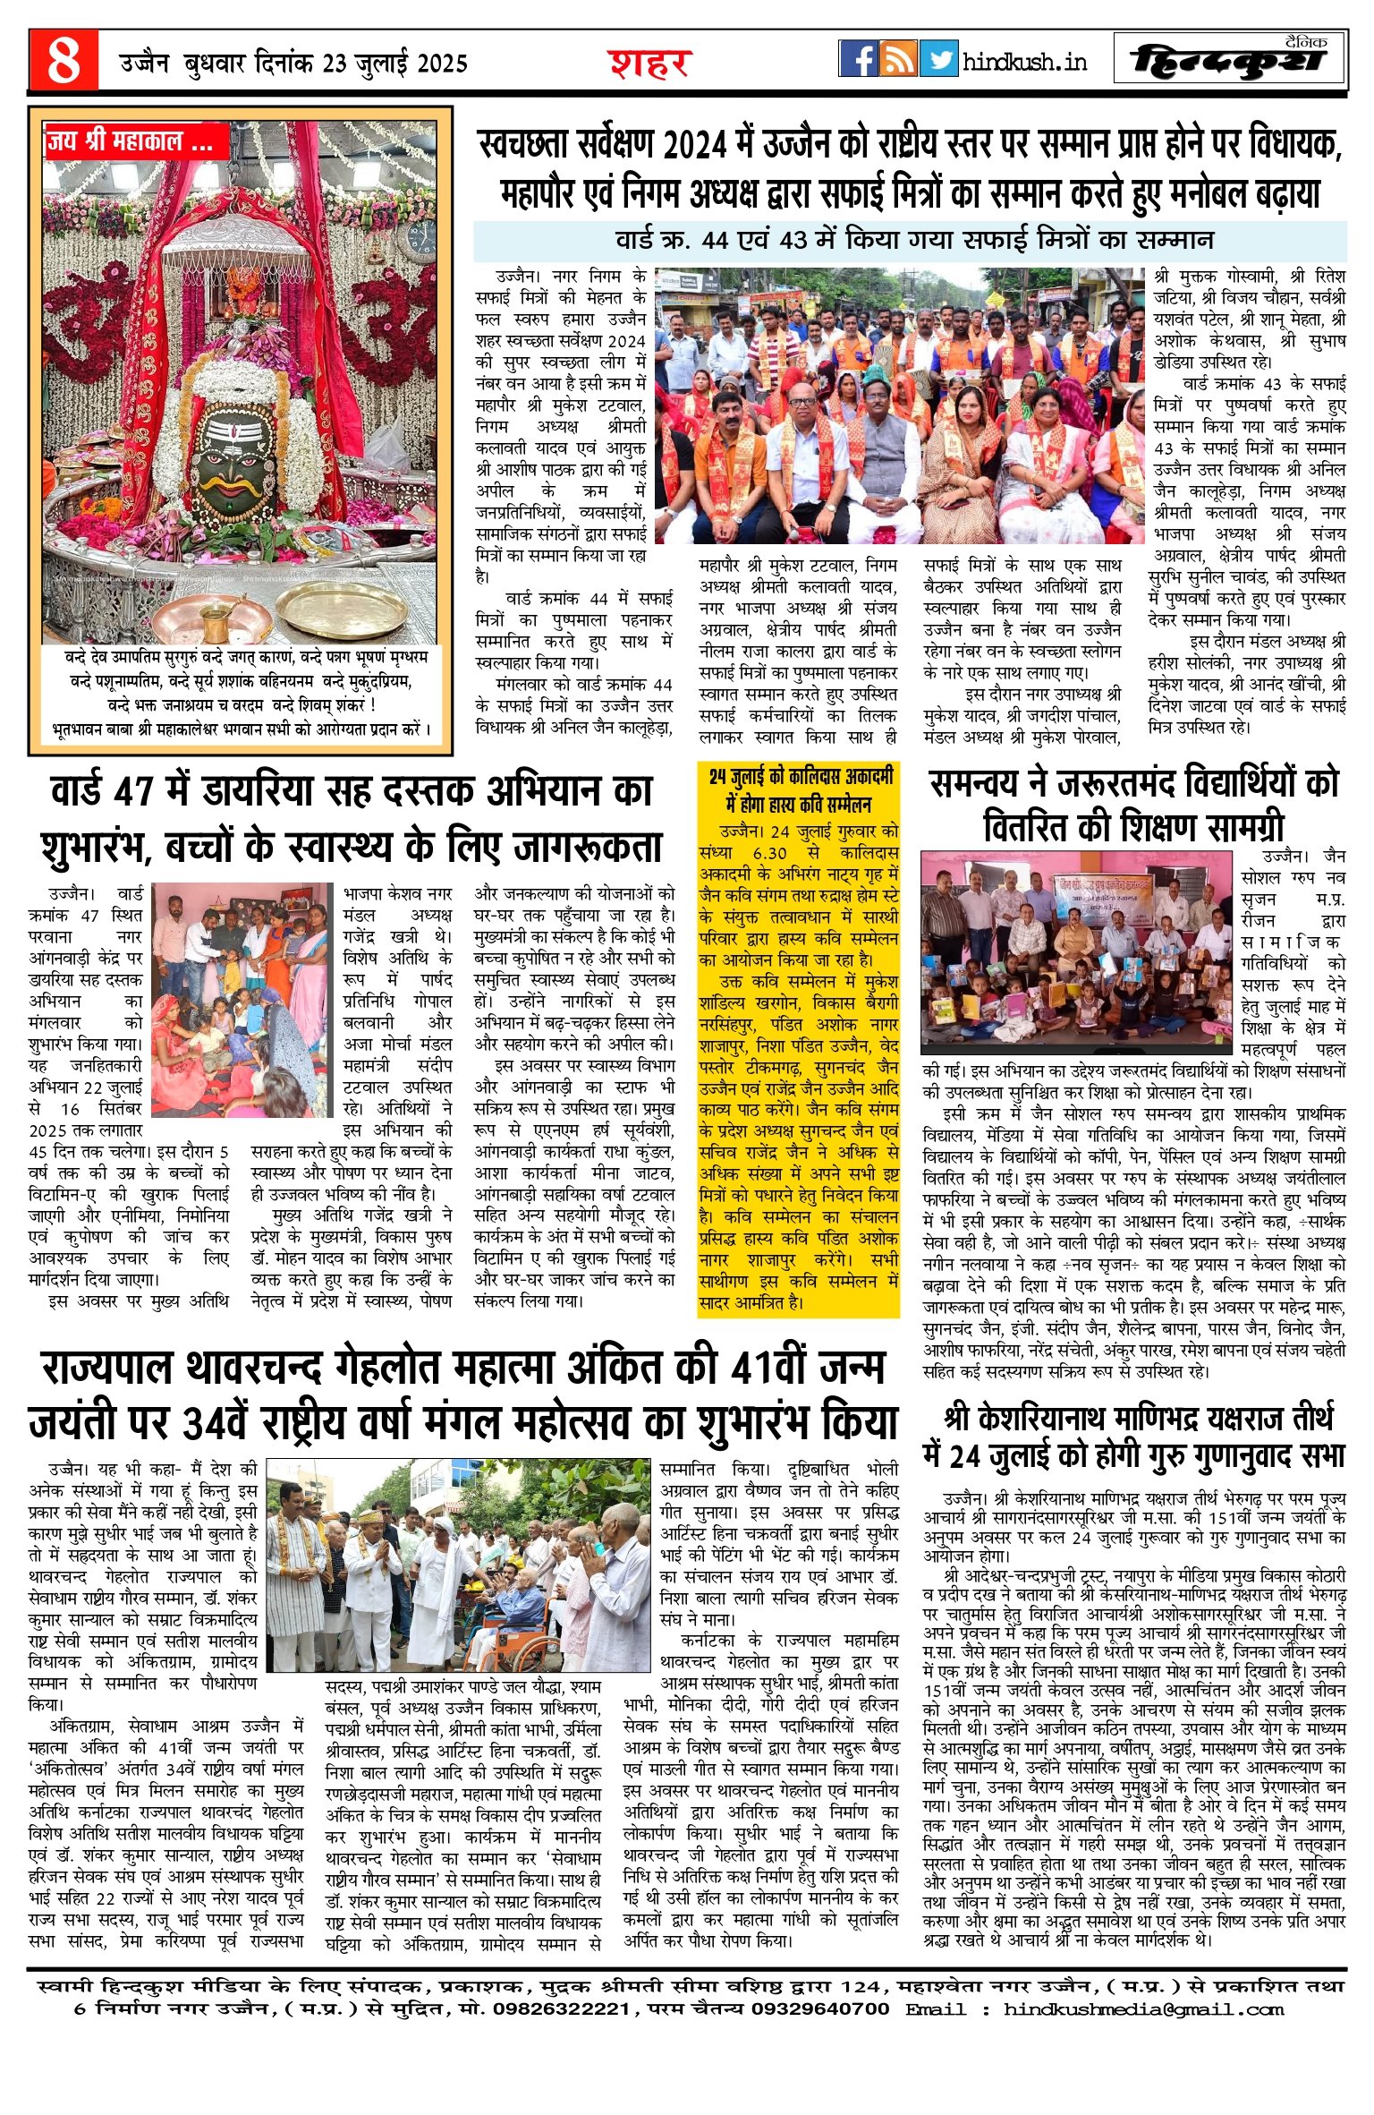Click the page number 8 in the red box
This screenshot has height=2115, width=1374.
(63, 61)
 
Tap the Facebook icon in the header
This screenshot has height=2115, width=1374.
(858, 59)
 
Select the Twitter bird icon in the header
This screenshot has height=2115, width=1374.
(938, 59)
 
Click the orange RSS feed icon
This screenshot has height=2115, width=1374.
(898, 59)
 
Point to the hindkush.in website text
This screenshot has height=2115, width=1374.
(1025, 62)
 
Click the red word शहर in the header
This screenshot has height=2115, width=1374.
(649, 64)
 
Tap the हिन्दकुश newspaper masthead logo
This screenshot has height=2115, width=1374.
(1227, 61)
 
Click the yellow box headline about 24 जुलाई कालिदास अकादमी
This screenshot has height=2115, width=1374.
(800, 789)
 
